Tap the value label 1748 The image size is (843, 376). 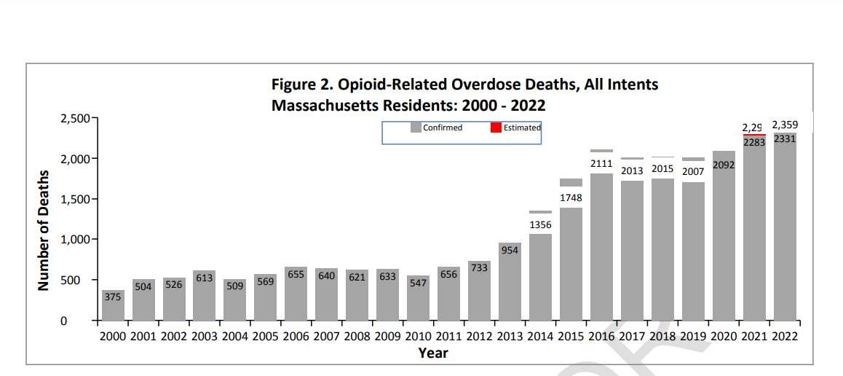click(x=571, y=197)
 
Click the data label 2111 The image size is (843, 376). click(x=601, y=164)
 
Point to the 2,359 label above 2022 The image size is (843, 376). click(x=785, y=125)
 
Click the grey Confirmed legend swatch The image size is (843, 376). click(x=416, y=128)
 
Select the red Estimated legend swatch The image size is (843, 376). click(x=496, y=128)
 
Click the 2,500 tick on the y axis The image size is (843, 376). click(x=74, y=118)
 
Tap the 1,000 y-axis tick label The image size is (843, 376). click(x=74, y=240)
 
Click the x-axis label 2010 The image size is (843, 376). click(x=418, y=337)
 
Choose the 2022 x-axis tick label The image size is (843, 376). click(x=784, y=337)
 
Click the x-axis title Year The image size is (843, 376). click(x=433, y=353)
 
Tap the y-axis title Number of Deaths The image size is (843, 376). click(x=44, y=230)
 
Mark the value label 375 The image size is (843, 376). click(x=113, y=297)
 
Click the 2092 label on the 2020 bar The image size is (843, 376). click(x=724, y=165)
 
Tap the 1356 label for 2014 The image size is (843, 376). click(x=540, y=225)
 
